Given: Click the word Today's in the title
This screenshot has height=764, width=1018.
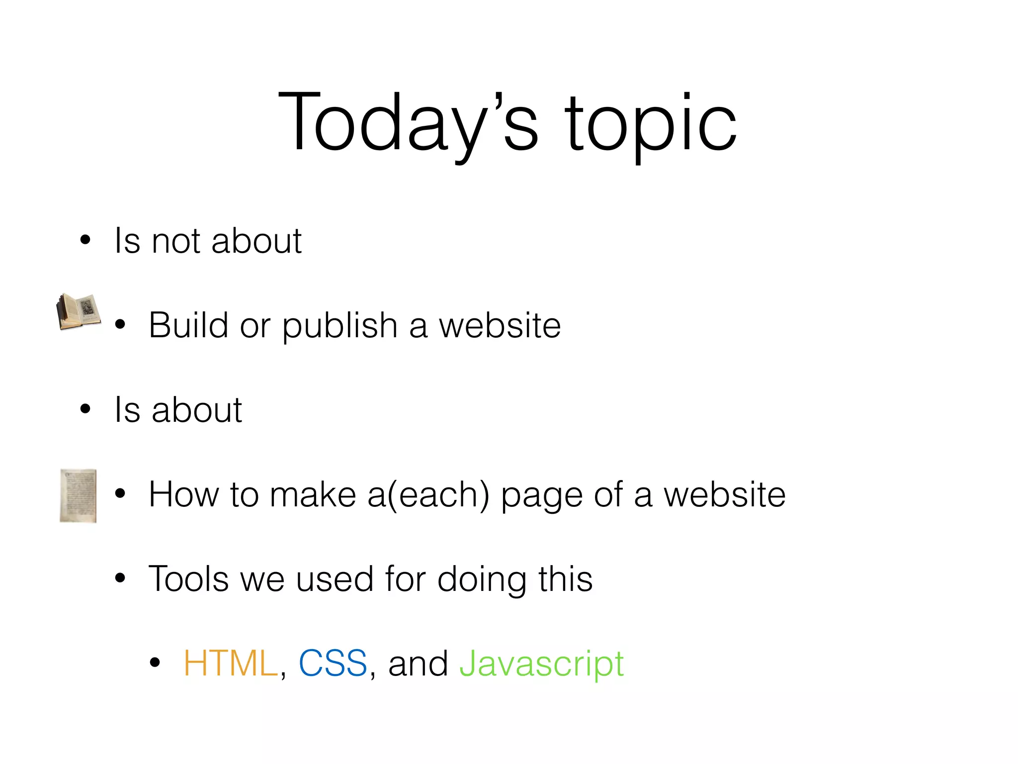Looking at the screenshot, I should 408,122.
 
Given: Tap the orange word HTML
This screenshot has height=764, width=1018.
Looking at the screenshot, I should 230,664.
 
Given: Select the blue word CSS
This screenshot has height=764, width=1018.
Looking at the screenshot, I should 333,664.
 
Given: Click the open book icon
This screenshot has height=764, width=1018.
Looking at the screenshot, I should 79,312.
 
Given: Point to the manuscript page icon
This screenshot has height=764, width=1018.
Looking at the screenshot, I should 78,495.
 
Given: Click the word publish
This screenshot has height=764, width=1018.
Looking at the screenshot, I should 340,327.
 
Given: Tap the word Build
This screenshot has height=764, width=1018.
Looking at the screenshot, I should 188,325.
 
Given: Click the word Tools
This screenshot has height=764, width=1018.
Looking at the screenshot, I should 188,579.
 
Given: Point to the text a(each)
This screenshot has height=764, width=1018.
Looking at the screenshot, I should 428,495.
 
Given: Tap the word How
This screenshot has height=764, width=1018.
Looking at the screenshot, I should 183,494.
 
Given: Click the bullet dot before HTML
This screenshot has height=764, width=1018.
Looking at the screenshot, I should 155,663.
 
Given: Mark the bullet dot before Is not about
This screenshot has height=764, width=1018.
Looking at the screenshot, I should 85,240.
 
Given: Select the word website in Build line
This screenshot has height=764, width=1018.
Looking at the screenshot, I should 500,325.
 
